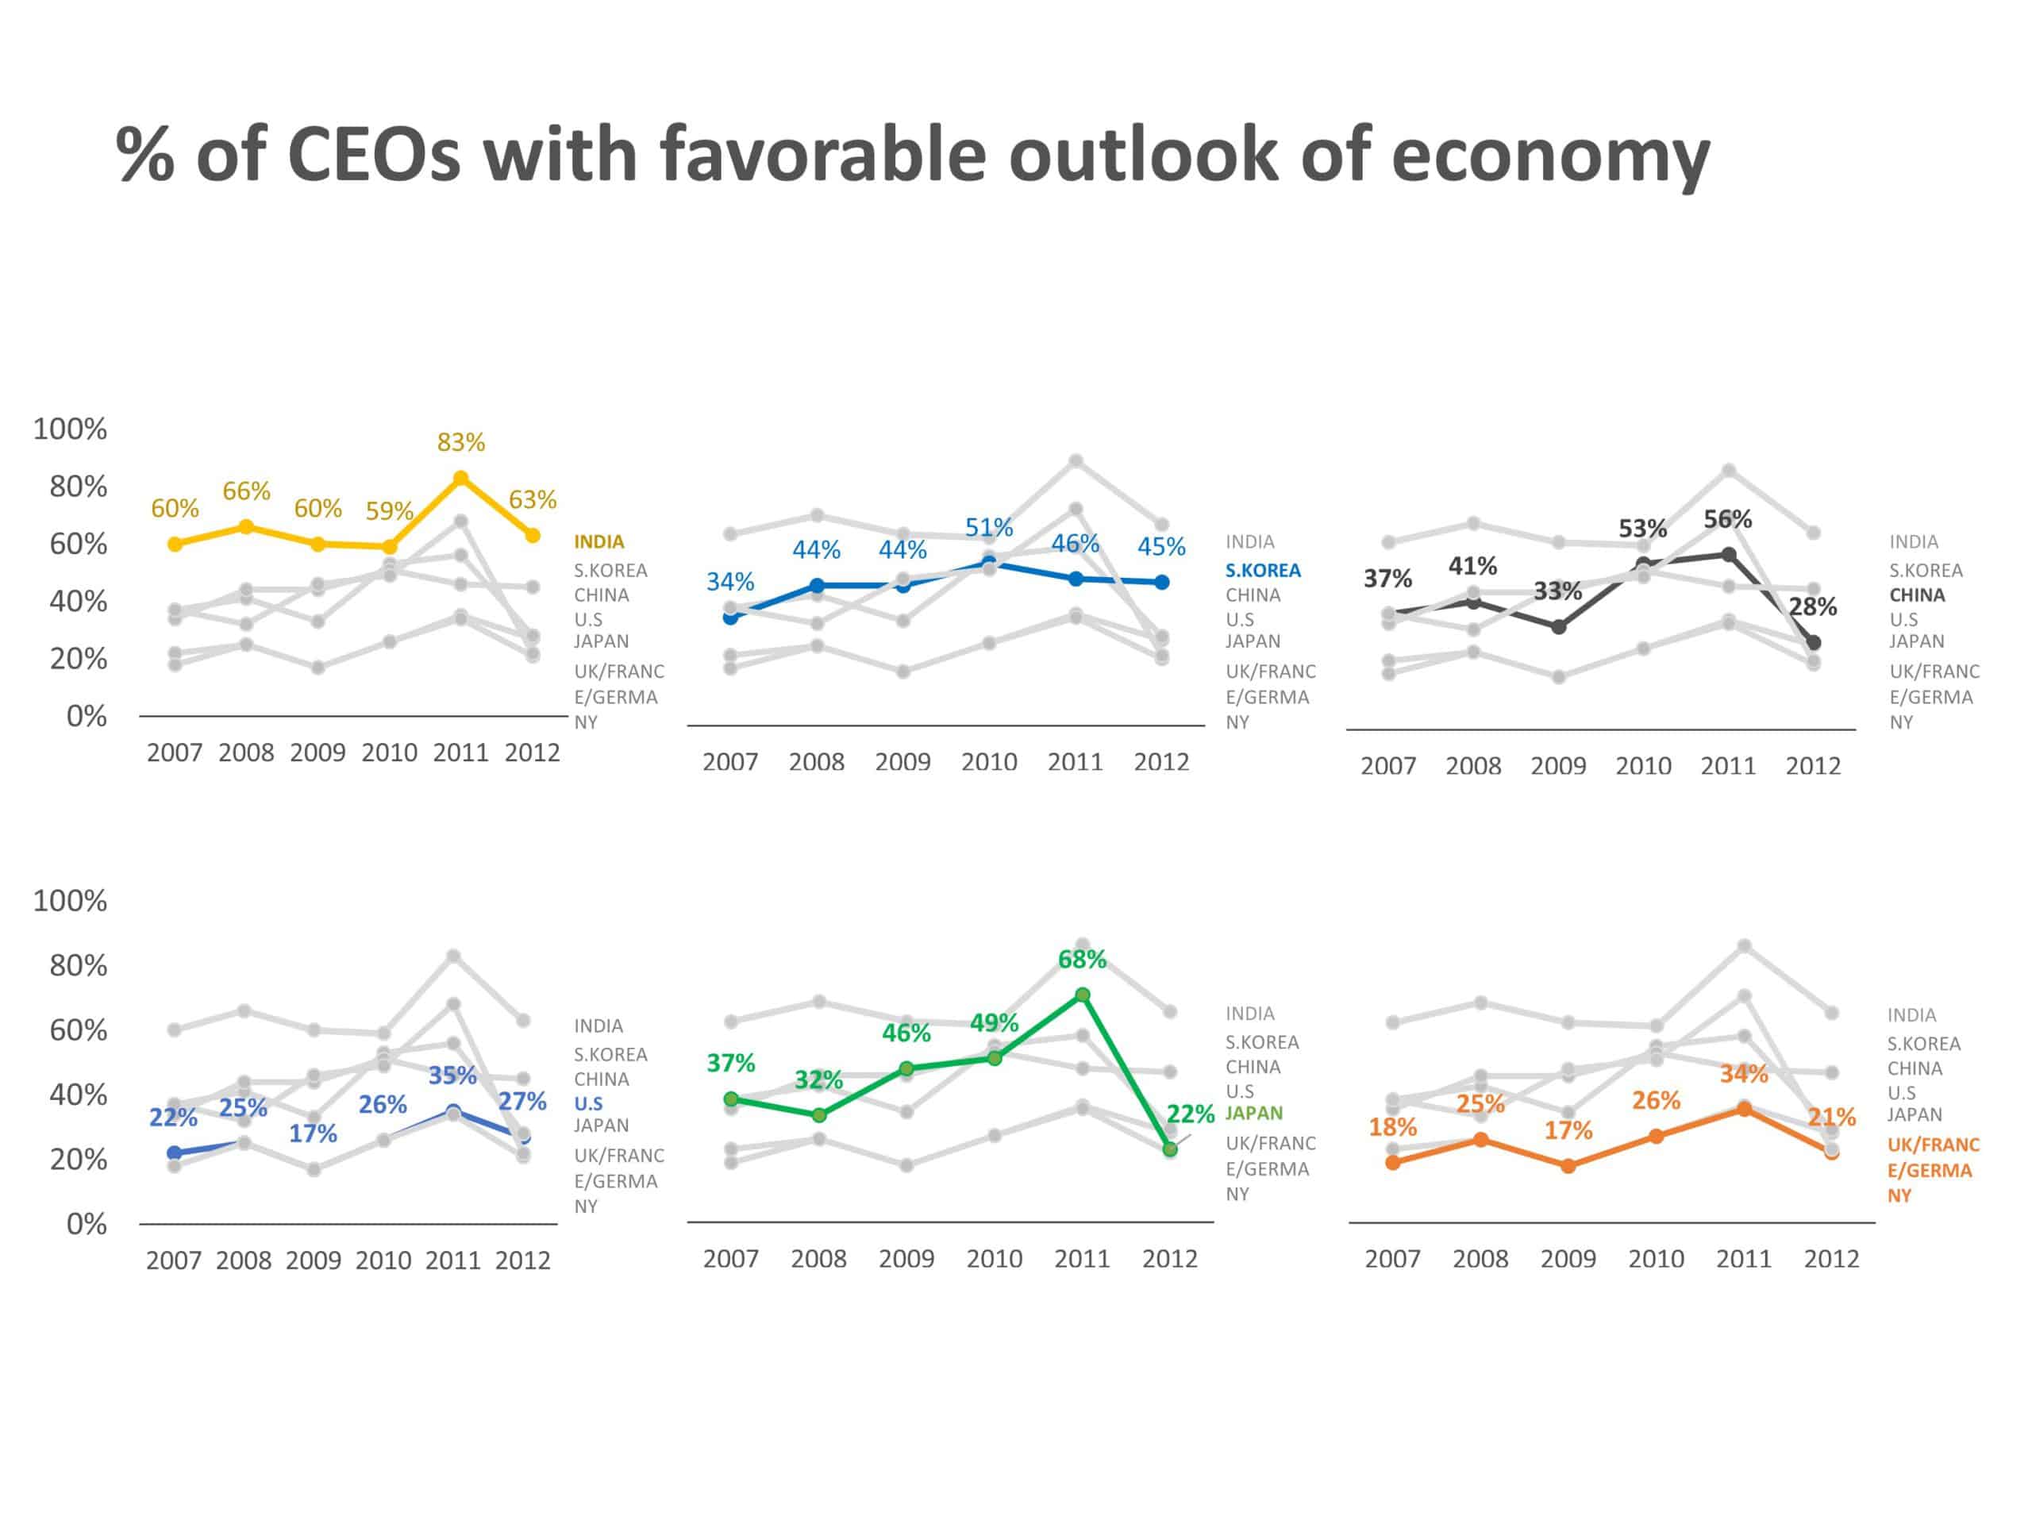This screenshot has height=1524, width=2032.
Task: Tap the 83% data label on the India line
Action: (460, 443)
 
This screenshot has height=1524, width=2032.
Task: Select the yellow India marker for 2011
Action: (461, 479)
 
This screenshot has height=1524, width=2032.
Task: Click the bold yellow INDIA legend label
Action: (599, 542)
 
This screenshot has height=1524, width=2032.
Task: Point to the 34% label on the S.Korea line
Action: (729, 582)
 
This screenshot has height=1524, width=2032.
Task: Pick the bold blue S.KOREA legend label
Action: (1262, 571)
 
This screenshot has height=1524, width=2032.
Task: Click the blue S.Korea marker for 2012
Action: (1162, 583)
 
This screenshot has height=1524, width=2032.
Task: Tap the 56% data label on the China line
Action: (1727, 520)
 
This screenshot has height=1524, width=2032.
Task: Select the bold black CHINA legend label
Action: (1916, 595)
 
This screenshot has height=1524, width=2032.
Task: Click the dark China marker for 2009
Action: (1559, 627)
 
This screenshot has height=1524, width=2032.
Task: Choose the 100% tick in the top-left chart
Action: (70, 429)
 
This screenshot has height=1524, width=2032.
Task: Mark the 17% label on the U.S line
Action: (314, 1133)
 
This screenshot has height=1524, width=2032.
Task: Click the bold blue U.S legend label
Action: (588, 1104)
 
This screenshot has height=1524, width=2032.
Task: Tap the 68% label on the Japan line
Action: (1082, 960)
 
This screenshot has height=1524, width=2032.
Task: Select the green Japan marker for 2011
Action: (1083, 995)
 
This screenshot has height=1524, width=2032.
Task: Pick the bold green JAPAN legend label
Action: (1254, 1114)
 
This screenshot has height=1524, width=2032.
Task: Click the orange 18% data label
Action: (1393, 1127)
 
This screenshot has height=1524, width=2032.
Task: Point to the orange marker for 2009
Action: (1568, 1166)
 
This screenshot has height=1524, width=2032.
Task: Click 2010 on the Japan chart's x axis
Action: (994, 1259)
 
